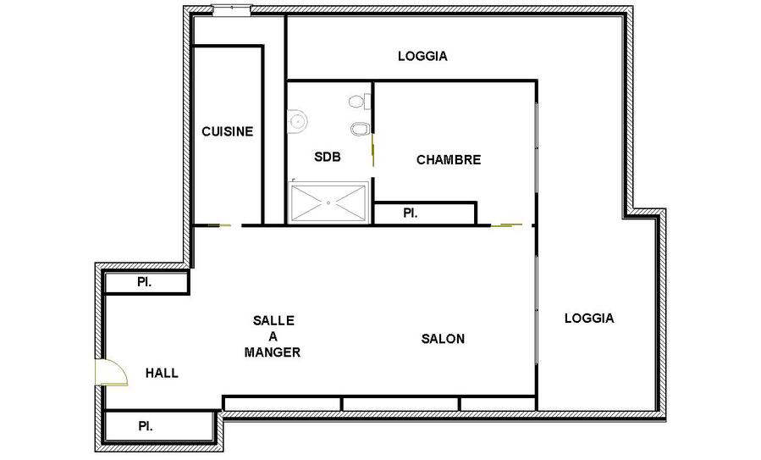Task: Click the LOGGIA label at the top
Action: [422, 57]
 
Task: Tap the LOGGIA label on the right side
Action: [589, 319]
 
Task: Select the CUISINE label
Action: [227, 131]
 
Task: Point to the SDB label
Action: [328, 157]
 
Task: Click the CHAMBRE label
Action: [449, 160]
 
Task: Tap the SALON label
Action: [443, 339]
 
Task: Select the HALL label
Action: [162, 373]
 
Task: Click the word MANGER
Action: [273, 352]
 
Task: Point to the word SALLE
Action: [273, 320]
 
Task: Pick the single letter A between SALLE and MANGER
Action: [273, 336]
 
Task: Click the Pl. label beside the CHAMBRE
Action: [411, 213]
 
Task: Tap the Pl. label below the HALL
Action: [146, 426]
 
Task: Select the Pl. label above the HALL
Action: [145, 282]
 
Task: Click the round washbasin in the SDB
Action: [297, 120]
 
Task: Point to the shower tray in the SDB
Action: [328, 202]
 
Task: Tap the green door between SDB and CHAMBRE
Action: [372, 150]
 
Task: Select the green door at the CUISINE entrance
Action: [219, 225]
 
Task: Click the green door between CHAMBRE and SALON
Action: [506, 224]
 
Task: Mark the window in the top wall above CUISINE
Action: [231, 9]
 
